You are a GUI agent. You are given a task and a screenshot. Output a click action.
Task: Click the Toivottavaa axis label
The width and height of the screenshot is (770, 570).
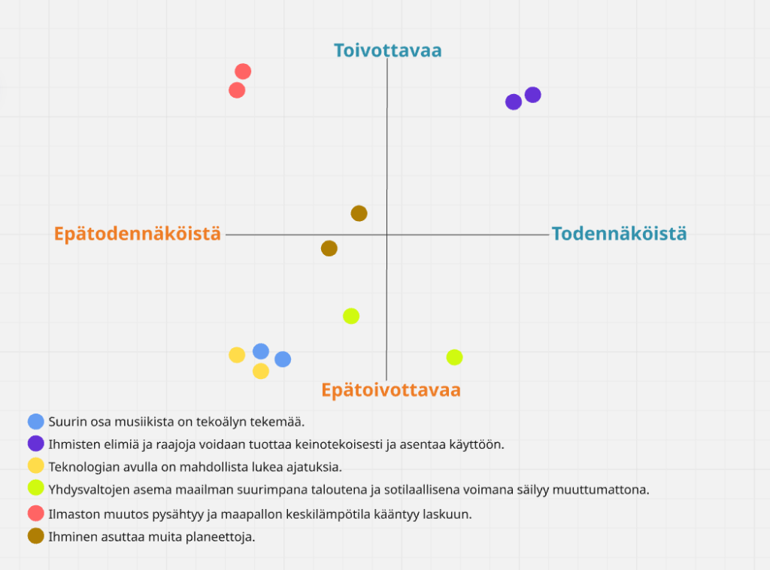[x=387, y=50]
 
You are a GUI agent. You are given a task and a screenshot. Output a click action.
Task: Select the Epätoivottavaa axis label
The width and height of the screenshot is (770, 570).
[x=390, y=390]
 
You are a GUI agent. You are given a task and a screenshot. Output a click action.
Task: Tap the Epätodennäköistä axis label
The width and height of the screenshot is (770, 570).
[x=138, y=234]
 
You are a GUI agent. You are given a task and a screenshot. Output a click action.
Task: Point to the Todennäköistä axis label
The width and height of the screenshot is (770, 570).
[x=619, y=234]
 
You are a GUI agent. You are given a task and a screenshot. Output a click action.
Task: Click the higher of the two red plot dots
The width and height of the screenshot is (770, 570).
[x=243, y=71]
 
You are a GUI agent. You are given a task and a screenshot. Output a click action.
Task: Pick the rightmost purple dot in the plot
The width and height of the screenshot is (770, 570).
[x=533, y=95]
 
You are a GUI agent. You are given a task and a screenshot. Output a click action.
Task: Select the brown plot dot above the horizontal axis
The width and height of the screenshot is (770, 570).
[x=359, y=214]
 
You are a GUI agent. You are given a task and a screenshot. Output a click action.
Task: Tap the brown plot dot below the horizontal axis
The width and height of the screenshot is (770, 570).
[x=329, y=248]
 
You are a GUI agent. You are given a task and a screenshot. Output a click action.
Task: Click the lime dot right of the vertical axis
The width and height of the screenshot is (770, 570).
[x=454, y=357]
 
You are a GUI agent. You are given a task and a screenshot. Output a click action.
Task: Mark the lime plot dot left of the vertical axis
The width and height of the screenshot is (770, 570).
[x=351, y=316]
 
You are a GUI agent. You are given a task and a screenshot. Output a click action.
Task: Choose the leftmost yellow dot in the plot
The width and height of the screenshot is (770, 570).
[x=237, y=355]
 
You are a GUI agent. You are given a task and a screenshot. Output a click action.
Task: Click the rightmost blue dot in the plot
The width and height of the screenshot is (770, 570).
[x=283, y=359]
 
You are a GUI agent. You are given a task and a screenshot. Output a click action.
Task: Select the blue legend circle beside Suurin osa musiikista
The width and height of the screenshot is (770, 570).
[x=35, y=422]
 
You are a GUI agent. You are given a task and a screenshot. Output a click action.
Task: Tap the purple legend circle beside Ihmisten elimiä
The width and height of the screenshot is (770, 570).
[x=35, y=444]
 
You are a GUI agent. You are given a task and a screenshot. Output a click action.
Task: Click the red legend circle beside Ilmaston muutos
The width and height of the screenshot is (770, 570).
[x=35, y=514]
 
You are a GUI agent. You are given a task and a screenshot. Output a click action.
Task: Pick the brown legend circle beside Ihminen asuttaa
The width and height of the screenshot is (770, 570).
[x=35, y=536]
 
